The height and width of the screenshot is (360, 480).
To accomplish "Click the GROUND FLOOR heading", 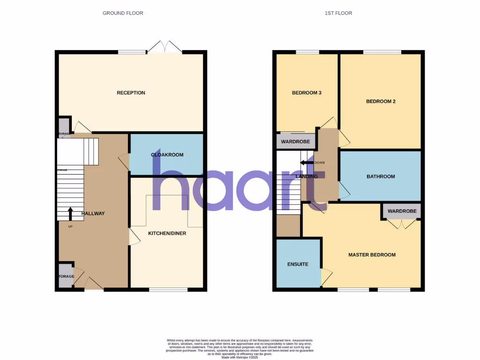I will click(123, 13).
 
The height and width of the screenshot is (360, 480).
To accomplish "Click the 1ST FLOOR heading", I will click(338, 13).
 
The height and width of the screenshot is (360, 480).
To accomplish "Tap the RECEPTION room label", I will click(131, 93).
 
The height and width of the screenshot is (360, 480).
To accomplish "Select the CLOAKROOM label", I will click(167, 155).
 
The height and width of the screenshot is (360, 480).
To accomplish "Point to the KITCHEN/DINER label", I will click(167, 233).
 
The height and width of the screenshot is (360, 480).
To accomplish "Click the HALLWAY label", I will click(93, 214).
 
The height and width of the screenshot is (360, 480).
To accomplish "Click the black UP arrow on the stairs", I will click(70, 214).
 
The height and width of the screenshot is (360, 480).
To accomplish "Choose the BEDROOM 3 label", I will click(307, 93).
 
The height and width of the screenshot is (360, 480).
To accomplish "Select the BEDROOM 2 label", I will click(380, 101).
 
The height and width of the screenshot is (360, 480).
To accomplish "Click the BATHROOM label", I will click(380, 177).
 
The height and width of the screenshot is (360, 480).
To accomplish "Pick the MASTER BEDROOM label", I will click(372, 255).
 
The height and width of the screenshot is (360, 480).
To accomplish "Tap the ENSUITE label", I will click(298, 264).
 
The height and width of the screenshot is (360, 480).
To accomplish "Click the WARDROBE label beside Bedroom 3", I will click(295, 142).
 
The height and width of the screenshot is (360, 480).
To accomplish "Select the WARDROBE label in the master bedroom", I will click(402, 211).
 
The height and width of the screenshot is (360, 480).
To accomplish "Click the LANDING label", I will click(307, 177).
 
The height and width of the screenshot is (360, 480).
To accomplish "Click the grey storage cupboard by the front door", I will click(66, 276).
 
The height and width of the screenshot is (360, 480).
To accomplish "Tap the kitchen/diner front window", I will click(168, 289).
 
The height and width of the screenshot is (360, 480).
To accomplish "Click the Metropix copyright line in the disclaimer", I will click(240, 357).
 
